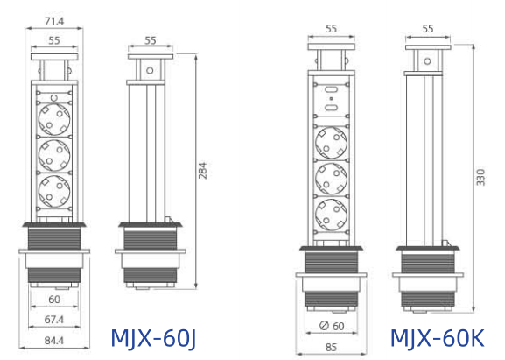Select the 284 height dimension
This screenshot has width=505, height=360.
pos(203,171)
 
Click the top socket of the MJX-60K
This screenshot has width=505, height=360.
pos(332,141)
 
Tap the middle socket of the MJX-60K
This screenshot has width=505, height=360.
pos(332,176)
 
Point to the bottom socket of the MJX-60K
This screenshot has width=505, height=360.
pos(332,211)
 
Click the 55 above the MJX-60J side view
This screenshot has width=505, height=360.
pos(151,39)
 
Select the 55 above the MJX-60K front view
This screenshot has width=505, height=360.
pos(332,28)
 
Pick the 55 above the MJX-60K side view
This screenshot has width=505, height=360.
pos(428,28)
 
